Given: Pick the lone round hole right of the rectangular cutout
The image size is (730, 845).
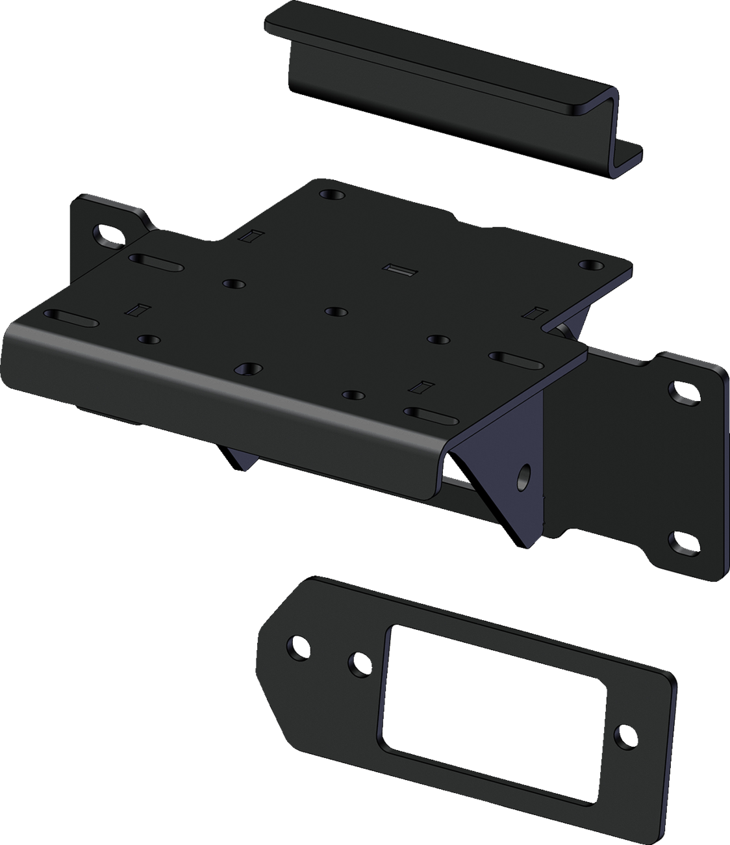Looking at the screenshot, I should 625,733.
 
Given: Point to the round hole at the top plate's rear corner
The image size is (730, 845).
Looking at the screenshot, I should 329,194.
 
